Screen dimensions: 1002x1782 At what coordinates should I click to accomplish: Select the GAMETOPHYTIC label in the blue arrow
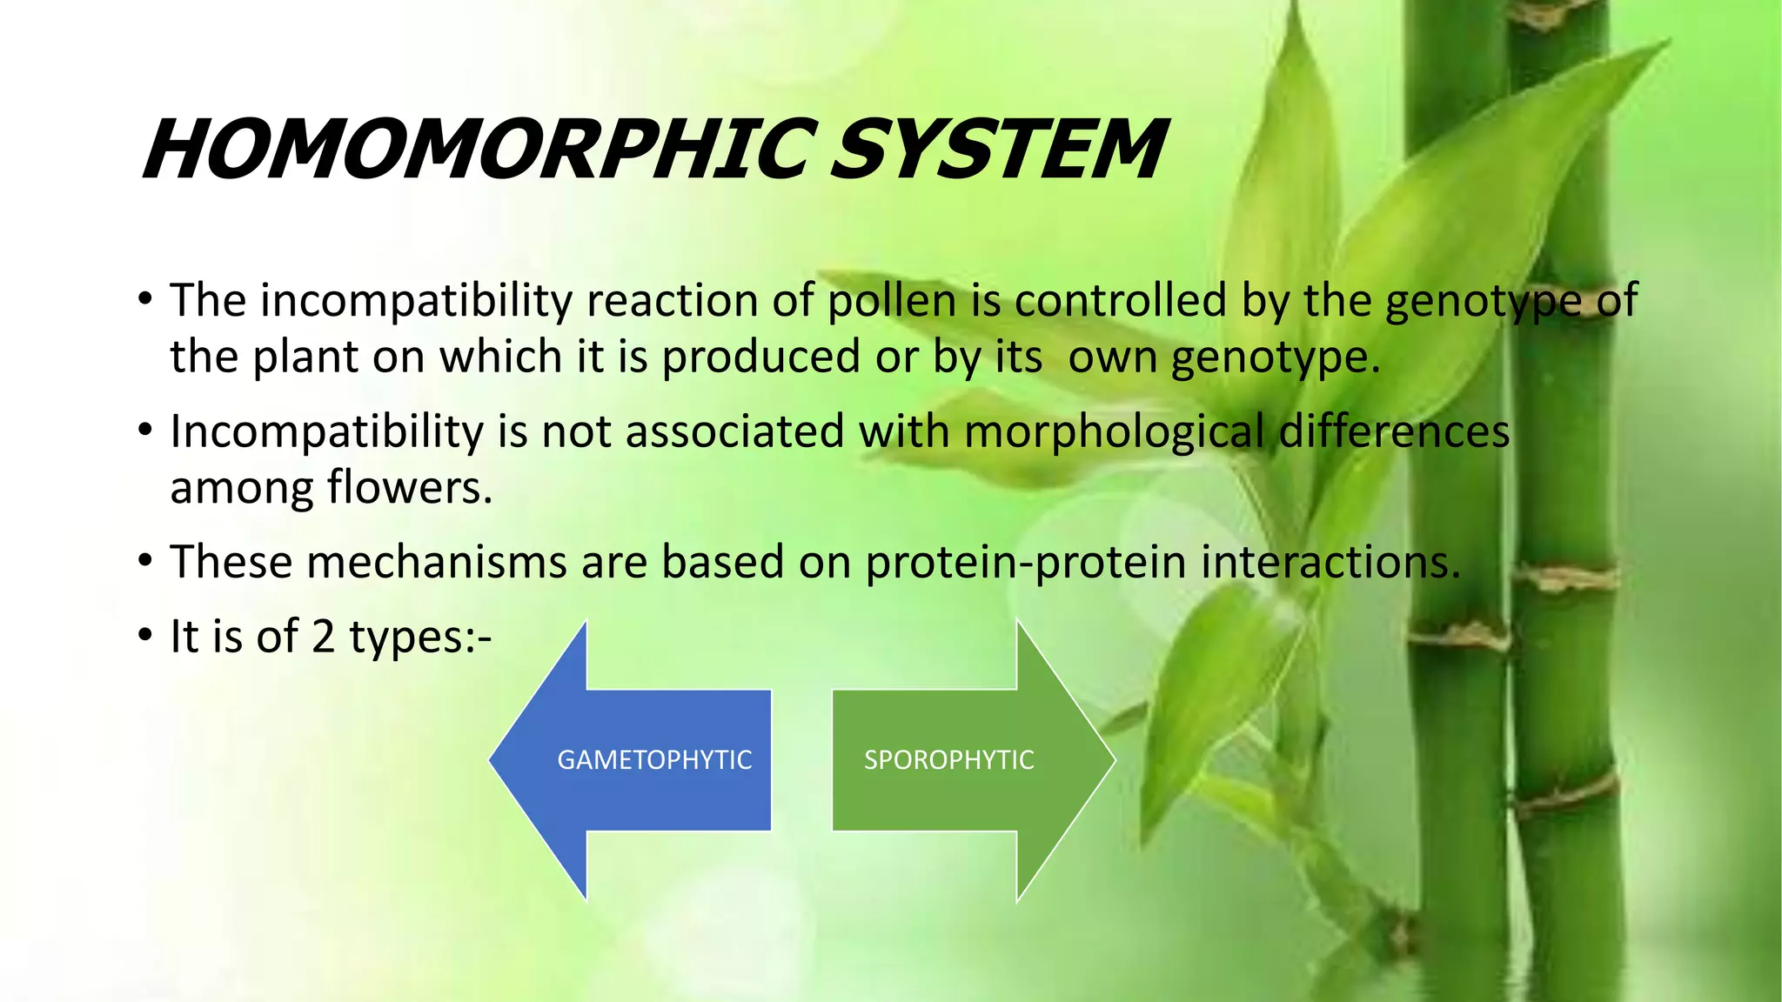click(x=654, y=760)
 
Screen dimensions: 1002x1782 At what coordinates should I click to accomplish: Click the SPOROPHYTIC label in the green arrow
click(x=948, y=760)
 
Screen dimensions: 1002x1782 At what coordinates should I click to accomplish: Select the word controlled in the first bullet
click(x=1121, y=301)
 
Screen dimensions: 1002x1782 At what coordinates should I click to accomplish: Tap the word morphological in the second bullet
click(x=1114, y=432)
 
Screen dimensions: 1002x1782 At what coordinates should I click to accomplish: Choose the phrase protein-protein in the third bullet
click(x=1026, y=563)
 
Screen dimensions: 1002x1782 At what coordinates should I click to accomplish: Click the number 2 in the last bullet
click(x=323, y=637)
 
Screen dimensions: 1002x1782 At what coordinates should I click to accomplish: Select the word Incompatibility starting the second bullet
click(x=326, y=432)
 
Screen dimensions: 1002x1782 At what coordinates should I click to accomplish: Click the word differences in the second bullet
click(x=1395, y=432)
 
